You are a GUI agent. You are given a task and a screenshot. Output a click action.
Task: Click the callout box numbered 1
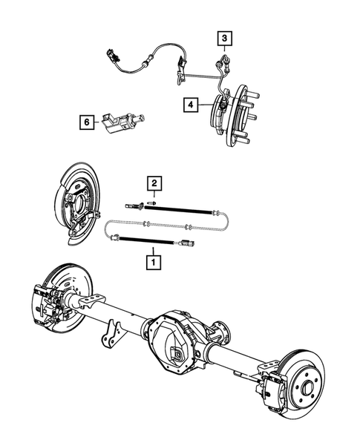click(x=154, y=261)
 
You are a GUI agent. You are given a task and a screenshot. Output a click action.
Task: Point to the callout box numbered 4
click(x=190, y=105)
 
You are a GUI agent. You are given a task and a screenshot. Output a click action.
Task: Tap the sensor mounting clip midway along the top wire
click(x=181, y=73)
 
